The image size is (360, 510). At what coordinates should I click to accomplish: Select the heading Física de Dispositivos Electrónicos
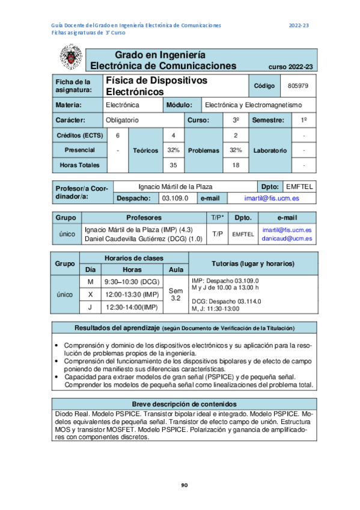pyautogui.click(x=156, y=86)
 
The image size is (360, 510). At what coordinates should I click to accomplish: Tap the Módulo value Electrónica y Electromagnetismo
pyautogui.click(x=253, y=105)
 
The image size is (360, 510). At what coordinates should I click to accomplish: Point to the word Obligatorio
pyautogui.click(x=122, y=120)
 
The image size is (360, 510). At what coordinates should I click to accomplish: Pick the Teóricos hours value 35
pyautogui.click(x=174, y=165)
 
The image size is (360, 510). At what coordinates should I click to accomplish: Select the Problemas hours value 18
pyautogui.click(x=236, y=165)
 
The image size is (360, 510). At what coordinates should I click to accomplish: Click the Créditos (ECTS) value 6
pyautogui.click(x=118, y=135)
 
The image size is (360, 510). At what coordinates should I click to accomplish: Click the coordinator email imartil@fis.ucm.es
pyautogui.click(x=272, y=198)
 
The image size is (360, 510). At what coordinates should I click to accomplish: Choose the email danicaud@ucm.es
pyautogui.click(x=287, y=238)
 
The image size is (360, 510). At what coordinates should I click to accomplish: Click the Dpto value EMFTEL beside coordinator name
pyautogui.click(x=299, y=186)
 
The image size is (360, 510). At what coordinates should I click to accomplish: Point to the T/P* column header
pyautogui.click(x=218, y=217)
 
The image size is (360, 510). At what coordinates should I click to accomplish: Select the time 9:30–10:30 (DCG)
pyautogui.click(x=132, y=281)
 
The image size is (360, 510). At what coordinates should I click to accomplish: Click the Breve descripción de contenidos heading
pyautogui.click(x=184, y=404)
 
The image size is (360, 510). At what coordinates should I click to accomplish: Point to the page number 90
pyautogui.click(x=185, y=485)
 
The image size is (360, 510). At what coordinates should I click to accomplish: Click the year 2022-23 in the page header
pyautogui.click(x=299, y=25)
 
